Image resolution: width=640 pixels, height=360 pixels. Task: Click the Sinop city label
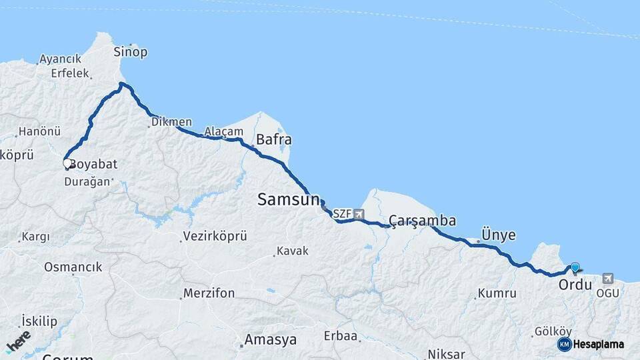[130, 52]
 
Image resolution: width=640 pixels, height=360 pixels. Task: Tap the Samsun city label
[289, 198]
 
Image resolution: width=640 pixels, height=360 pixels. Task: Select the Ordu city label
[575, 285]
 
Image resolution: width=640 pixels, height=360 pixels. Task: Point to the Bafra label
[274, 140]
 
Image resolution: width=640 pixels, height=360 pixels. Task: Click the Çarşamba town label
[423, 221]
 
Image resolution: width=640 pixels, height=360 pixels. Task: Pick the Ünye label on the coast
[495, 235]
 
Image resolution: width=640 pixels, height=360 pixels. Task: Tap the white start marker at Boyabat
[67, 163]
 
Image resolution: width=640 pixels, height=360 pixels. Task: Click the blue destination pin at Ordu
[575, 267]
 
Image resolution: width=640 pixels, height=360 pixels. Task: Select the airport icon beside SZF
[360, 214]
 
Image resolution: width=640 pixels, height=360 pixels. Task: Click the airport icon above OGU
[607, 278]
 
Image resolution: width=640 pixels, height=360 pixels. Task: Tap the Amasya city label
[270, 339]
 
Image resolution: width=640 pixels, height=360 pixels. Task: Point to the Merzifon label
[209, 293]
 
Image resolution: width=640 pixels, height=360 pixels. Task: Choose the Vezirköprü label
[214, 237]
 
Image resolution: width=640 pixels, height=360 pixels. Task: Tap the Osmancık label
[73, 267]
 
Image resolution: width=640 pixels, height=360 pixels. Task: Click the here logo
[18, 341]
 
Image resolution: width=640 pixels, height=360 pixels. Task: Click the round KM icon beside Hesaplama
[565, 344]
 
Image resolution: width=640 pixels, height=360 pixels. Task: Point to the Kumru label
[497, 293]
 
